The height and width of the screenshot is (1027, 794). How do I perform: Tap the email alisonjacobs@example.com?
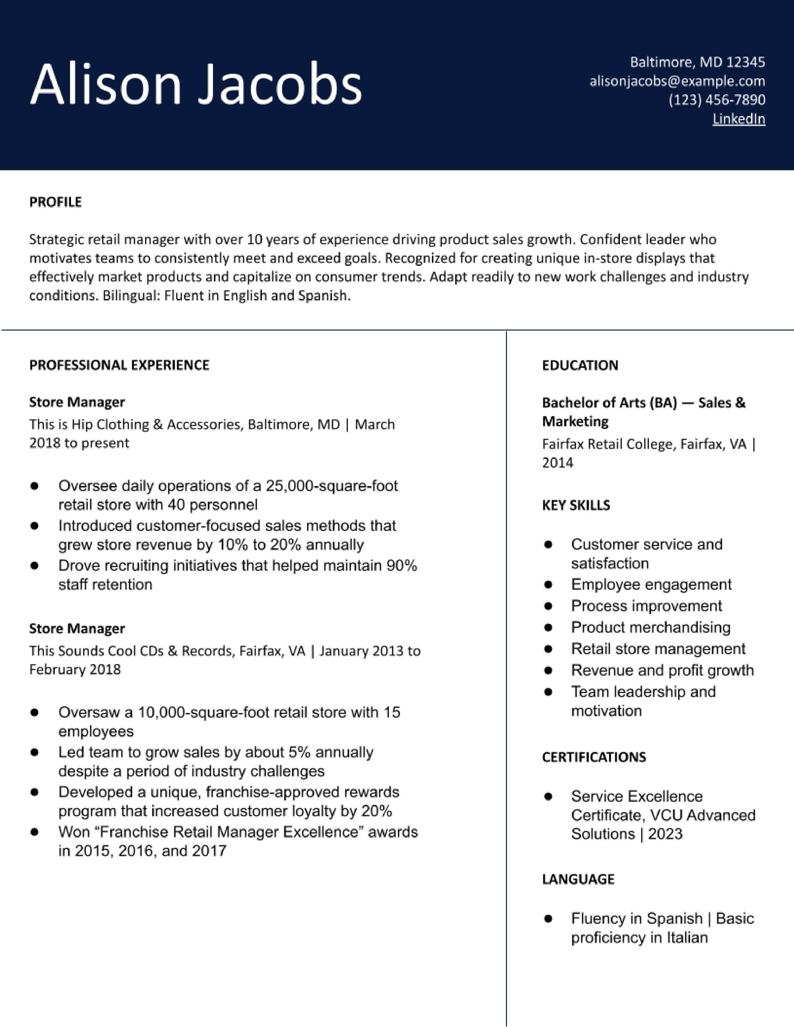tap(677, 81)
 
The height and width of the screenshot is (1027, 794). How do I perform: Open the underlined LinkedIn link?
tap(739, 119)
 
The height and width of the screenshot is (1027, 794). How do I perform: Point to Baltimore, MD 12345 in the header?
tap(697, 62)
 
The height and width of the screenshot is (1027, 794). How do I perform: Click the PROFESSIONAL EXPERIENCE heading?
tap(119, 365)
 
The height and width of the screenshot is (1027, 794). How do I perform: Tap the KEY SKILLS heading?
tap(576, 505)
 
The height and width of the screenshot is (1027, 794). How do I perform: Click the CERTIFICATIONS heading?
tap(593, 757)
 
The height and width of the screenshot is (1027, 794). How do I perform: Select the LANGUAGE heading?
tap(578, 879)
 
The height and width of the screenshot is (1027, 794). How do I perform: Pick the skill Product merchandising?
tap(650, 627)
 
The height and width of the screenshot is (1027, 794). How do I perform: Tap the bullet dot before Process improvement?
tap(548, 606)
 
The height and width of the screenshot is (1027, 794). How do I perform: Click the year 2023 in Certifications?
tap(665, 834)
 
